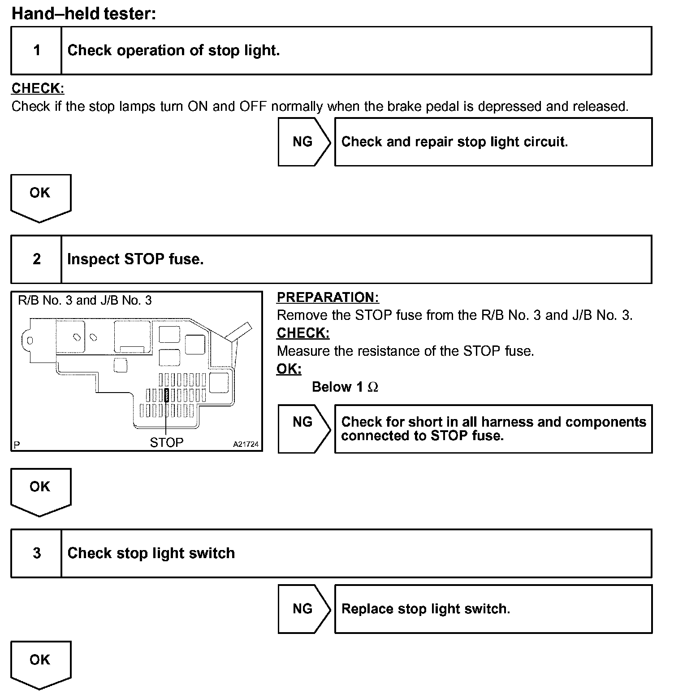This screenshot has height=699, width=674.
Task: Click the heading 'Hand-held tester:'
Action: point(84,13)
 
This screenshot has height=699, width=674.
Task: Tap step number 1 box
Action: point(36,50)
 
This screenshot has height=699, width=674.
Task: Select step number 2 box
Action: point(36,259)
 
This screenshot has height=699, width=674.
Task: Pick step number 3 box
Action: point(36,553)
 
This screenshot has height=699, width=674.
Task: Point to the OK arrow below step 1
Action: point(40,197)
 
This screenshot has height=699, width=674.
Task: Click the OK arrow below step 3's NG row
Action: point(40,663)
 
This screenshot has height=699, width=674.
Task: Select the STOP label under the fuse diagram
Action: point(166,442)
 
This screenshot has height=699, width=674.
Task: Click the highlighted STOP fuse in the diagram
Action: point(167,395)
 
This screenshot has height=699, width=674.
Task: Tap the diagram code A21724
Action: point(246,444)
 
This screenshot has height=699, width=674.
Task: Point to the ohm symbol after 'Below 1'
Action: point(373,387)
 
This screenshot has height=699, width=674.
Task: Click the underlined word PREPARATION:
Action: point(328,297)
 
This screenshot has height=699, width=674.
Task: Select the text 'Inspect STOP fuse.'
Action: point(135,259)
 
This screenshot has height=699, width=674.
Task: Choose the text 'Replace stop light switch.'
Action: point(426,609)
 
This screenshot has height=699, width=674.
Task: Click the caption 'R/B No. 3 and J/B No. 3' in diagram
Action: point(85,300)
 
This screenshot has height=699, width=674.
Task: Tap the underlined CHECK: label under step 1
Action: point(38,88)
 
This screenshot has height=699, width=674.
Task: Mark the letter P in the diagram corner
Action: point(17,445)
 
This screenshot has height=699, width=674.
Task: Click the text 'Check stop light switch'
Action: point(151,553)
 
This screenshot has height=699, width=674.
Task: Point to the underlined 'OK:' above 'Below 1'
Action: point(289,369)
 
